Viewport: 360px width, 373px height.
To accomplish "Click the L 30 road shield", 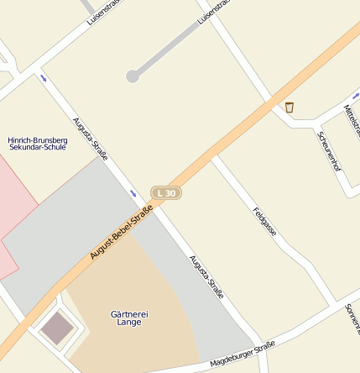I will click(166, 193).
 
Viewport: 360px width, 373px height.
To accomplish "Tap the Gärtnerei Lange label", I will click(129, 318).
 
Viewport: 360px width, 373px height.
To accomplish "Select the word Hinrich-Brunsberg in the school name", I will click(37, 139).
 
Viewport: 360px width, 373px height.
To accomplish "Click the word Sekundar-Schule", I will click(37, 147).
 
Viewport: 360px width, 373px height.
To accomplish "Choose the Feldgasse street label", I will click(264, 220).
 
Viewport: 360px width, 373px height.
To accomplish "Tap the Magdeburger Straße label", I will click(243, 354).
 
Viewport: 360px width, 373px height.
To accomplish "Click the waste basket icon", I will click(290, 107).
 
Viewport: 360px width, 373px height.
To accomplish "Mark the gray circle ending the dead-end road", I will click(133, 76).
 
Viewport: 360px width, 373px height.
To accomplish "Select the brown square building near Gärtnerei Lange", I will click(57, 328).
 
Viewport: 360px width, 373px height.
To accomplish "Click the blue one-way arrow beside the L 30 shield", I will click(133, 194).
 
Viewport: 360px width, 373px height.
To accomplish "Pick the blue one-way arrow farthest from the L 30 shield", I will click(43, 78).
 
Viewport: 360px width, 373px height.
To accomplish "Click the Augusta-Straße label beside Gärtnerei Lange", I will click(206, 277).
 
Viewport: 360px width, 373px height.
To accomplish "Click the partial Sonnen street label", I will click(352, 317).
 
